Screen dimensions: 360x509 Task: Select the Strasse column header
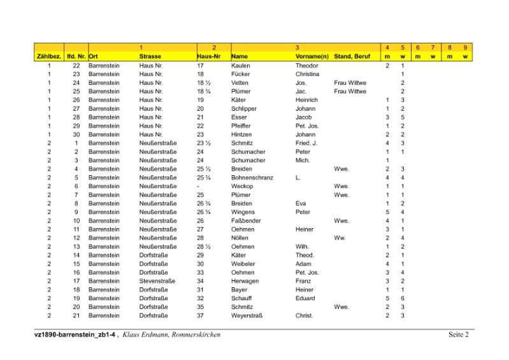[x=150, y=57]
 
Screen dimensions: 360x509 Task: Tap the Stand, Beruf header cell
[x=352, y=57]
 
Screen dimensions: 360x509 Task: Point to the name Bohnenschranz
[x=252, y=178]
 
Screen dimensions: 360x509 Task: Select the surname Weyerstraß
[x=247, y=315]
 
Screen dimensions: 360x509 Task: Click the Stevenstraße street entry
[x=157, y=281]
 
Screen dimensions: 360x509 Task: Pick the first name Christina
[x=307, y=75]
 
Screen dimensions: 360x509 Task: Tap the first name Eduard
[x=305, y=298]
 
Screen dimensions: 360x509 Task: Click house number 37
[x=201, y=315]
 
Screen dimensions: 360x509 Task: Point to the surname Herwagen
[x=245, y=281]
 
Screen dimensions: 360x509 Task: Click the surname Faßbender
[x=246, y=220]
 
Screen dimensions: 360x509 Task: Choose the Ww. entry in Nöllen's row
[x=340, y=238]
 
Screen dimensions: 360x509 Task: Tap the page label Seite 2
[x=458, y=335]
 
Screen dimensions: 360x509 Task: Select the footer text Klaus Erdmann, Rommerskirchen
[x=171, y=335]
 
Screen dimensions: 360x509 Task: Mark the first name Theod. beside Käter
[x=305, y=255]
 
